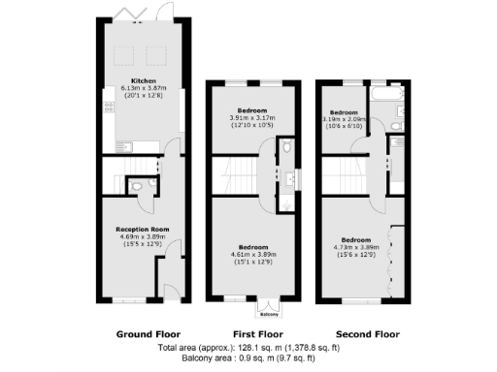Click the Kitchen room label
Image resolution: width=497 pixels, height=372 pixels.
click(145, 81)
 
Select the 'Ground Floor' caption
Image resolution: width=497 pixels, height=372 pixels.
click(145, 333)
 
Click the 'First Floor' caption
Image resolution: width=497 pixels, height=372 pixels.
click(258, 333)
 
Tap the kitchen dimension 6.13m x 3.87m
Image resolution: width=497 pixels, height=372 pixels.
click(145, 88)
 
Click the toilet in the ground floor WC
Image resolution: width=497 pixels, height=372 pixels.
click(141, 188)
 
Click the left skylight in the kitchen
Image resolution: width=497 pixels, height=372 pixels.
click(125, 53)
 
